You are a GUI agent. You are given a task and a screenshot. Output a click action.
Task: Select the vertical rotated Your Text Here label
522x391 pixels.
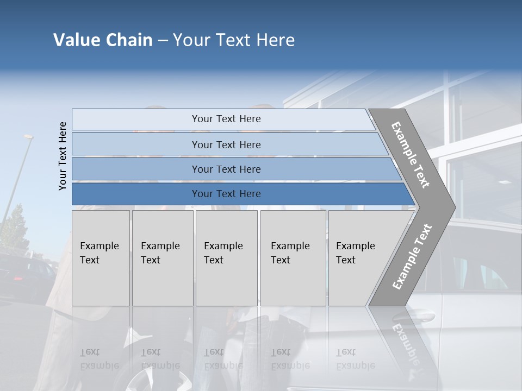pos(63,156)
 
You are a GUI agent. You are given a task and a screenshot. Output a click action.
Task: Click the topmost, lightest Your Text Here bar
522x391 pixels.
pos(226,119)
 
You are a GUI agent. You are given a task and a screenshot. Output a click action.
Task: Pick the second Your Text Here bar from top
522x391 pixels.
pos(226,144)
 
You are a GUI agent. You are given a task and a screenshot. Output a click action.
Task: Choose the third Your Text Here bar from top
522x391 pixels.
pos(226,169)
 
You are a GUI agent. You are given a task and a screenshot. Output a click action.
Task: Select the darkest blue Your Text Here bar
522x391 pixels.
pos(226,194)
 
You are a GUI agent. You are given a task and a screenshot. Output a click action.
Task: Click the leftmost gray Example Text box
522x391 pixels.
pos(101,257)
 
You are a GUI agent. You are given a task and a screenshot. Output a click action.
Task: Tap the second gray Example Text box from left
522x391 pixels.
pos(163,257)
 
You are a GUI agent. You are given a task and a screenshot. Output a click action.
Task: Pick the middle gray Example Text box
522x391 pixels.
pos(226,257)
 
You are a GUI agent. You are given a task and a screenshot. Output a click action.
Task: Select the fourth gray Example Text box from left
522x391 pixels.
pos(293,257)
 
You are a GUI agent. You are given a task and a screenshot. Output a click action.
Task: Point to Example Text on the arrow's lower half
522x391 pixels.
pos(412,256)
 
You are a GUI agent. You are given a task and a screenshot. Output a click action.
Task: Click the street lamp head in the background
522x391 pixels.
pos(28,137)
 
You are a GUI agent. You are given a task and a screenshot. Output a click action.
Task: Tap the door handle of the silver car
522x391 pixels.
pos(422,316)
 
